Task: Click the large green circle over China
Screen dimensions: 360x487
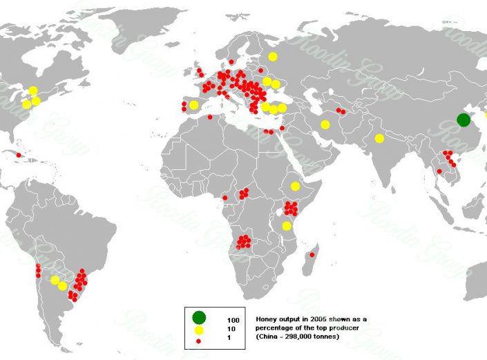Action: (x=464, y=120)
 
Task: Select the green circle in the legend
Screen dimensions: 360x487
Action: (x=199, y=318)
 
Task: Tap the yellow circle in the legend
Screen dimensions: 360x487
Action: (x=199, y=330)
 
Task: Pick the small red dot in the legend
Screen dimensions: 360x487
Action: (x=199, y=341)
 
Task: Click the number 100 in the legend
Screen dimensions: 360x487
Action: (x=233, y=321)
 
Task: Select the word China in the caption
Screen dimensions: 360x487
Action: (x=269, y=336)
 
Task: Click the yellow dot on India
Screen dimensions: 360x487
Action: (x=379, y=138)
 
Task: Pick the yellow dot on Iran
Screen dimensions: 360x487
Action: (x=325, y=124)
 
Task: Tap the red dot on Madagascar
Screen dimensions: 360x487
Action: (x=312, y=255)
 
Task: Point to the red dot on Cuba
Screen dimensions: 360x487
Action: (x=19, y=155)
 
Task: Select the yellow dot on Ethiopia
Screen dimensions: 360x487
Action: (x=295, y=186)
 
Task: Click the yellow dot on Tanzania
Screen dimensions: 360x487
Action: (x=286, y=226)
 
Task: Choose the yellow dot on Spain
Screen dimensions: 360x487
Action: (x=194, y=105)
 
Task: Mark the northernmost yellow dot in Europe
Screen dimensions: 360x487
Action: (x=273, y=57)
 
